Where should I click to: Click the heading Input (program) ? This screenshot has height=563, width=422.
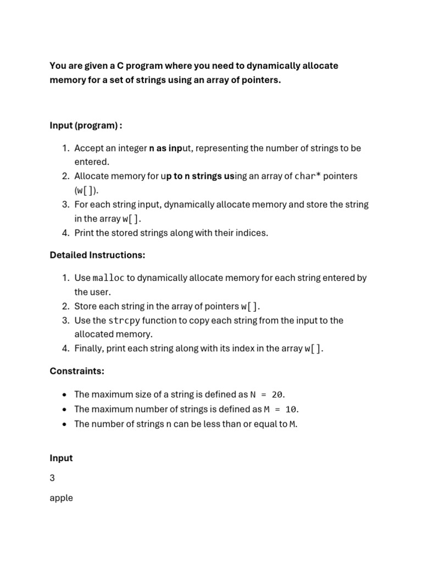coord(86,125)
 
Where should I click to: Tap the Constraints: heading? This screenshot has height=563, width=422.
coord(76,371)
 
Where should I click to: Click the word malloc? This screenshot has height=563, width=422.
coord(108,278)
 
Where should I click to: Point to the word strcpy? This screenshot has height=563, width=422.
coord(124,321)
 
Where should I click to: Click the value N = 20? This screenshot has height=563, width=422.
coord(268,395)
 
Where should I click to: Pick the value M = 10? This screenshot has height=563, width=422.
coord(281,409)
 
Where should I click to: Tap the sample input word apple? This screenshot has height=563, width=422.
coord(61,498)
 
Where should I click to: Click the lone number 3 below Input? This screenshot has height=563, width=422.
coord(52,478)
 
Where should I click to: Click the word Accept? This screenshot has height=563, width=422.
coord(89,148)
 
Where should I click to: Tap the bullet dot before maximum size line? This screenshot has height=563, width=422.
coord(65,395)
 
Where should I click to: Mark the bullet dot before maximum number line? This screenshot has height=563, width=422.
coord(65,409)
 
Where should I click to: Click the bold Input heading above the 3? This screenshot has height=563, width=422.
coord(61,458)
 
